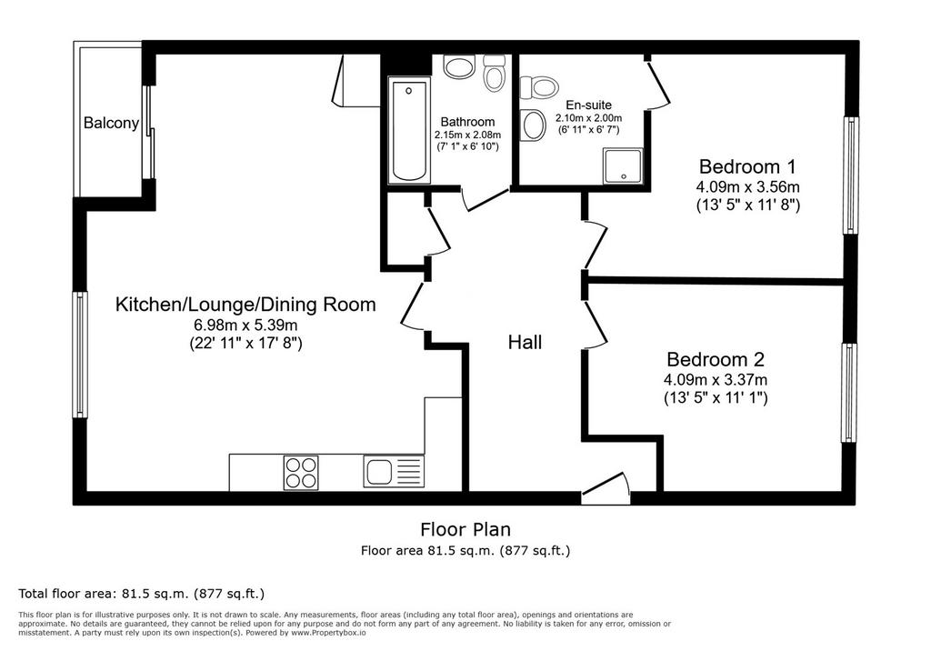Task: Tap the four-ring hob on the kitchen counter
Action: click(x=301, y=473)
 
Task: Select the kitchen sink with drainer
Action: click(x=394, y=472)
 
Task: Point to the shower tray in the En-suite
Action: click(x=623, y=165)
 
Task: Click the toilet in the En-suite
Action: click(x=539, y=87)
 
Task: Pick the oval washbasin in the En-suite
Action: click(x=534, y=125)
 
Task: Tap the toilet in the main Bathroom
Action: click(x=494, y=73)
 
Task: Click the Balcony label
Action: click(x=111, y=123)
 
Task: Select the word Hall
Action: click(x=525, y=342)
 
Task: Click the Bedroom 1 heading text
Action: click(x=747, y=165)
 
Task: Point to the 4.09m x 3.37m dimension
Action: click(x=716, y=379)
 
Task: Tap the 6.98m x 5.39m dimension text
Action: click(x=245, y=325)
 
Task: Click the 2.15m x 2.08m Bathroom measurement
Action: click(x=468, y=135)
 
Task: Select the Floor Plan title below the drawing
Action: click(x=465, y=528)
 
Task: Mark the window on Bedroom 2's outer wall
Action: click(x=850, y=393)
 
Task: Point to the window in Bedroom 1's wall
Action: click(x=851, y=175)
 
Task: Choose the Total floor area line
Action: click(x=141, y=594)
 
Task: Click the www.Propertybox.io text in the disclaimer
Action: click(x=328, y=633)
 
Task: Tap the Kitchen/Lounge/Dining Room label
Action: click(x=245, y=304)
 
